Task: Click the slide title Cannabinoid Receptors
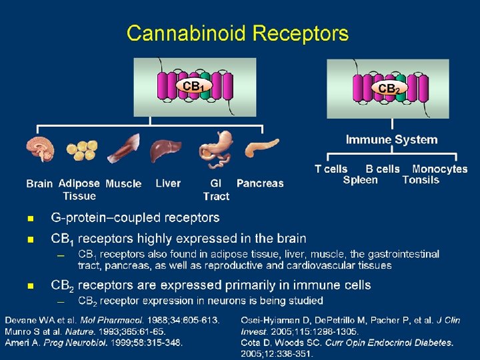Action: (237, 33)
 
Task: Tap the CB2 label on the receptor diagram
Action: (389, 88)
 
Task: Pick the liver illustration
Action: (165, 151)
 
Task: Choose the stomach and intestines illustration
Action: (217, 148)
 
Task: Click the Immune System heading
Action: (391, 139)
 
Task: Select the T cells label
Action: (331, 169)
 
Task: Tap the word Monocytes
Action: (439, 169)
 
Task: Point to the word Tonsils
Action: (421, 180)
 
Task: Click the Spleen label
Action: (360, 180)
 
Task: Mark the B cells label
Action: (383, 169)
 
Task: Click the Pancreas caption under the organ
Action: (260, 183)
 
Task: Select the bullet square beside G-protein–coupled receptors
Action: (29, 219)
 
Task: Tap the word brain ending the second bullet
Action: (291, 238)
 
